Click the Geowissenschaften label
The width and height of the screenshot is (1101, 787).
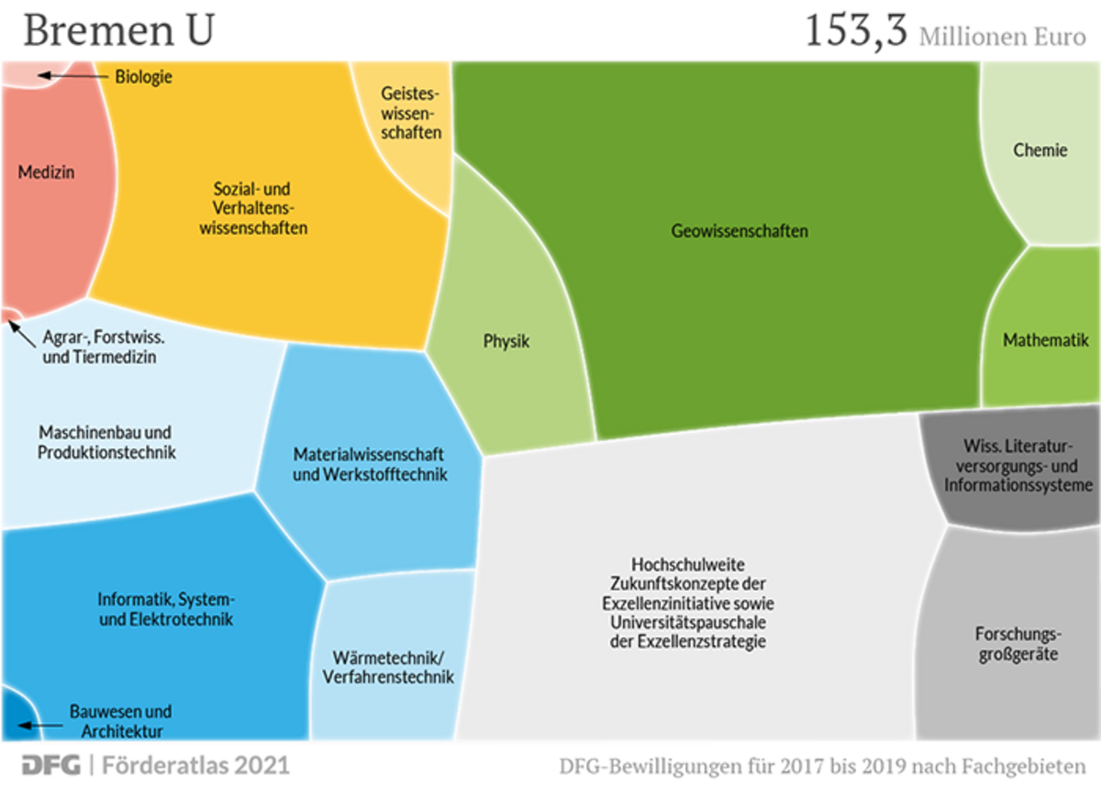[x=740, y=231]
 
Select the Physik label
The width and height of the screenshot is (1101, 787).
[x=506, y=342]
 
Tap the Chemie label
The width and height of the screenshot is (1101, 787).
[x=1040, y=150]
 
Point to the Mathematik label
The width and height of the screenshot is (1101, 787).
[x=1045, y=340]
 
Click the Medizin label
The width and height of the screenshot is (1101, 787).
[x=46, y=172]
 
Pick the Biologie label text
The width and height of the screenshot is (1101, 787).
[x=143, y=77]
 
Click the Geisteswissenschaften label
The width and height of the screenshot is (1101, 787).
[x=410, y=113]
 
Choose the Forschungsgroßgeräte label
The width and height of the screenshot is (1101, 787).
[x=1017, y=644]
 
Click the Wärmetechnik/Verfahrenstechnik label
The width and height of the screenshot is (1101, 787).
[x=388, y=668]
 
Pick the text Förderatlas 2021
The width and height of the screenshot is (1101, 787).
[x=196, y=764]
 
